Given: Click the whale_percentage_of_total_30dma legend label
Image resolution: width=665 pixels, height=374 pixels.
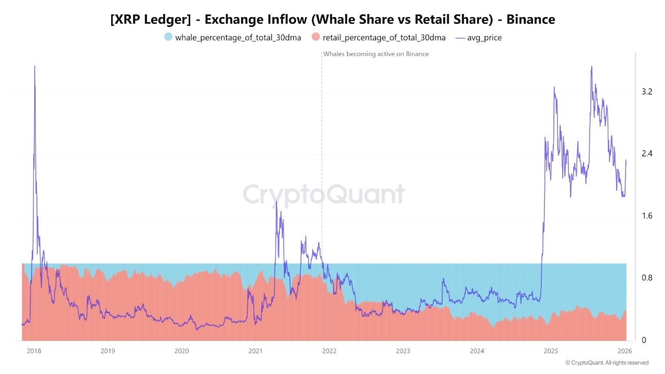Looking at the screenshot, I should tap(238, 37).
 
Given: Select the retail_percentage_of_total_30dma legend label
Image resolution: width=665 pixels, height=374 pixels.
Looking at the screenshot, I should tap(384, 37).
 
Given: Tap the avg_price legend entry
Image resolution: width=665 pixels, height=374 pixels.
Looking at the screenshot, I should tap(484, 37).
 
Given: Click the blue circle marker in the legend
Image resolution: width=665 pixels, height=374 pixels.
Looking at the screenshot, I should tap(168, 37).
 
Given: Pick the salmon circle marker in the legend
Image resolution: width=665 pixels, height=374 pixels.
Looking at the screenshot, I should tap(315, 37).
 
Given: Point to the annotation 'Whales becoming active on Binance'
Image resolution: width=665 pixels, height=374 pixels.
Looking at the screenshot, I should tap(376, 54).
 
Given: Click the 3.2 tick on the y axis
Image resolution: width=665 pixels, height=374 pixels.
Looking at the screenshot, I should tap(647, 92).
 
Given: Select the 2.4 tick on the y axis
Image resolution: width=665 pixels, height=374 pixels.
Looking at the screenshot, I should tap(647, 154).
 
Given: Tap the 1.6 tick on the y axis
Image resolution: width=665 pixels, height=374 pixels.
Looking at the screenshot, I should tap(647, 216).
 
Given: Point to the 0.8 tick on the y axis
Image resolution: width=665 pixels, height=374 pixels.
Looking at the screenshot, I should tap(647, 278).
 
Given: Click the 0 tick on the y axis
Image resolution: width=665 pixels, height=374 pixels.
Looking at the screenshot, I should tap(644, 340).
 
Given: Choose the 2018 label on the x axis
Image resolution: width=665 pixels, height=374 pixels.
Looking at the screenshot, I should tap(34, 351).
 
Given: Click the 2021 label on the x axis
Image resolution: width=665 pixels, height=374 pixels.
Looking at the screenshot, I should tap(255, 351).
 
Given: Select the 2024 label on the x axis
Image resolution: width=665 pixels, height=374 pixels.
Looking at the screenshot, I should tap(476, 351).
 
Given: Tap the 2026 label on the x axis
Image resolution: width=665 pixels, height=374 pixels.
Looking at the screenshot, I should tap(624, 351).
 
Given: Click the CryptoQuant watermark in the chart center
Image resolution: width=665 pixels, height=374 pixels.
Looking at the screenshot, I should tap(324, 194).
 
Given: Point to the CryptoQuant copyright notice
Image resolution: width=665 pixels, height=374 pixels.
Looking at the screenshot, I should tap(606, 363).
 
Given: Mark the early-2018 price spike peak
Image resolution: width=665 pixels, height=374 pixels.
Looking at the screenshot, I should tap(34, 67).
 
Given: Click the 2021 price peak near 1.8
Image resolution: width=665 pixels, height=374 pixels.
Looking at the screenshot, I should tap(276, 202).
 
